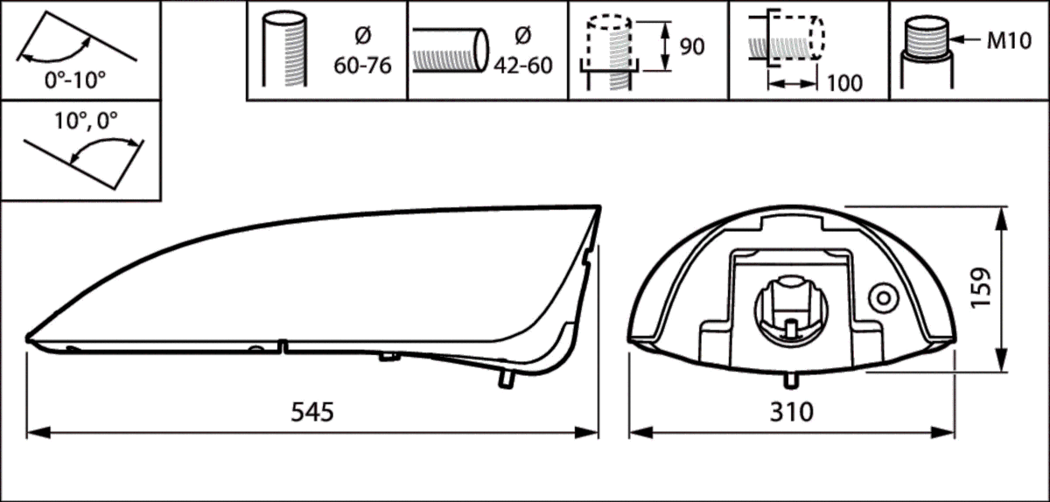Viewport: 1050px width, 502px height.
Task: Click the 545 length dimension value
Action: tap(312, 412)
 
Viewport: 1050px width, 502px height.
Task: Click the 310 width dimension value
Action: tap(792, 412)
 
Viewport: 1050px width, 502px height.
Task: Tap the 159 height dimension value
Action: tap(981, 288)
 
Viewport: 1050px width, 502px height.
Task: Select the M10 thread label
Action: tap(1009, 41)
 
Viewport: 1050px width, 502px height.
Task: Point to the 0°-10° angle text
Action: tap(75, 80)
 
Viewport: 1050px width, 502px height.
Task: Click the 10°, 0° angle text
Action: tap(87, 121)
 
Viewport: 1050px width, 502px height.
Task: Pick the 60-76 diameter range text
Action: tap(362, 65)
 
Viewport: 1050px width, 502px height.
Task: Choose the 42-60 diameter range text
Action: tap(523, 65)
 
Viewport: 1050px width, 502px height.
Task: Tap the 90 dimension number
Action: tap(692, 46)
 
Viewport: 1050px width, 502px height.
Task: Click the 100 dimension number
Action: tap(844, 83)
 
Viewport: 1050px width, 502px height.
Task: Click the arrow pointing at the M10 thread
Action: tap(966, 39)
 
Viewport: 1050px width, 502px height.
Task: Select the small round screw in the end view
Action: tap(884, 298)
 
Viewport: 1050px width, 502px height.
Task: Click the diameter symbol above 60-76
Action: tap(363, 36)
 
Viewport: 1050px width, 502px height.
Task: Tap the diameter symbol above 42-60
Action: tap(523, 36)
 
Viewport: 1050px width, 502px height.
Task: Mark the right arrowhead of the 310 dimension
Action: tap(943, 433)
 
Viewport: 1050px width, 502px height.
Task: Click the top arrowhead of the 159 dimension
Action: tap(1001, 219)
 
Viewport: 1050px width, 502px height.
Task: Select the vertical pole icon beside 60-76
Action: tap(284, 49)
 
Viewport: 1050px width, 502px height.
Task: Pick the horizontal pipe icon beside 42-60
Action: tap(451, 50)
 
